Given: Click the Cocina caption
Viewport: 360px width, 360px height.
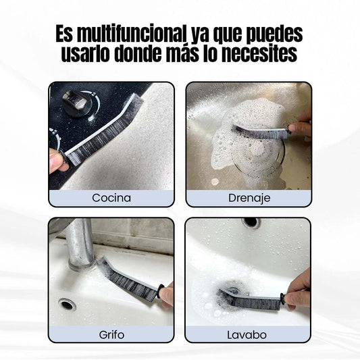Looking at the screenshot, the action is click(x=111, y=198).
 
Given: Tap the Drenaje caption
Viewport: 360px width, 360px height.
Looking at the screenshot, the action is click(x=249, y=198).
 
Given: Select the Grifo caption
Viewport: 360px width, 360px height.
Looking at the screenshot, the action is click(x=111, y=335).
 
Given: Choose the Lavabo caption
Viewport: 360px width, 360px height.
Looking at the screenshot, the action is click(x=247, y=335).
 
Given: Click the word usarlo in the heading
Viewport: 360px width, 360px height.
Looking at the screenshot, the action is click(x=86, y=54).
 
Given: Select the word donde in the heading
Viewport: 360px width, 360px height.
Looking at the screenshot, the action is click(x=138, y=54).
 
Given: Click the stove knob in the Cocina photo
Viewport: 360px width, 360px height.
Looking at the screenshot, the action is click(x=77, y=104).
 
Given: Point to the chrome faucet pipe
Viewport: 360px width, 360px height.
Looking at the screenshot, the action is click(x=80, y=243).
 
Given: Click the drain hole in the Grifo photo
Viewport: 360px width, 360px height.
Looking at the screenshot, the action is click(x=67, y=305).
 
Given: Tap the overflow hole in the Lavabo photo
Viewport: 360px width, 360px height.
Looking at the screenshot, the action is click(x=251, y=222).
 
